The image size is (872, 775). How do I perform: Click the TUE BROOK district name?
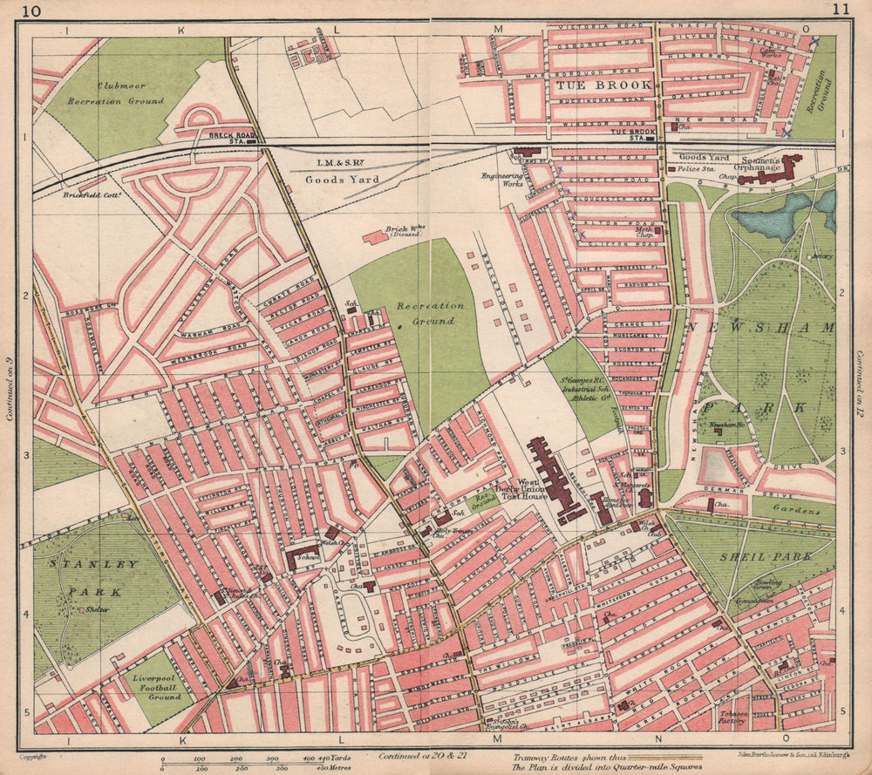(x=601, y=85)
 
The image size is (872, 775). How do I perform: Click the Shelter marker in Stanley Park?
(x=80, y=610)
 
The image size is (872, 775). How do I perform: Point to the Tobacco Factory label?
(x=726, y=717)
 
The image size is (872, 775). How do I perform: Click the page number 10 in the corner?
(x=32, y=11)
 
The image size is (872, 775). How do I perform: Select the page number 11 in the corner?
(x=840, y=11)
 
